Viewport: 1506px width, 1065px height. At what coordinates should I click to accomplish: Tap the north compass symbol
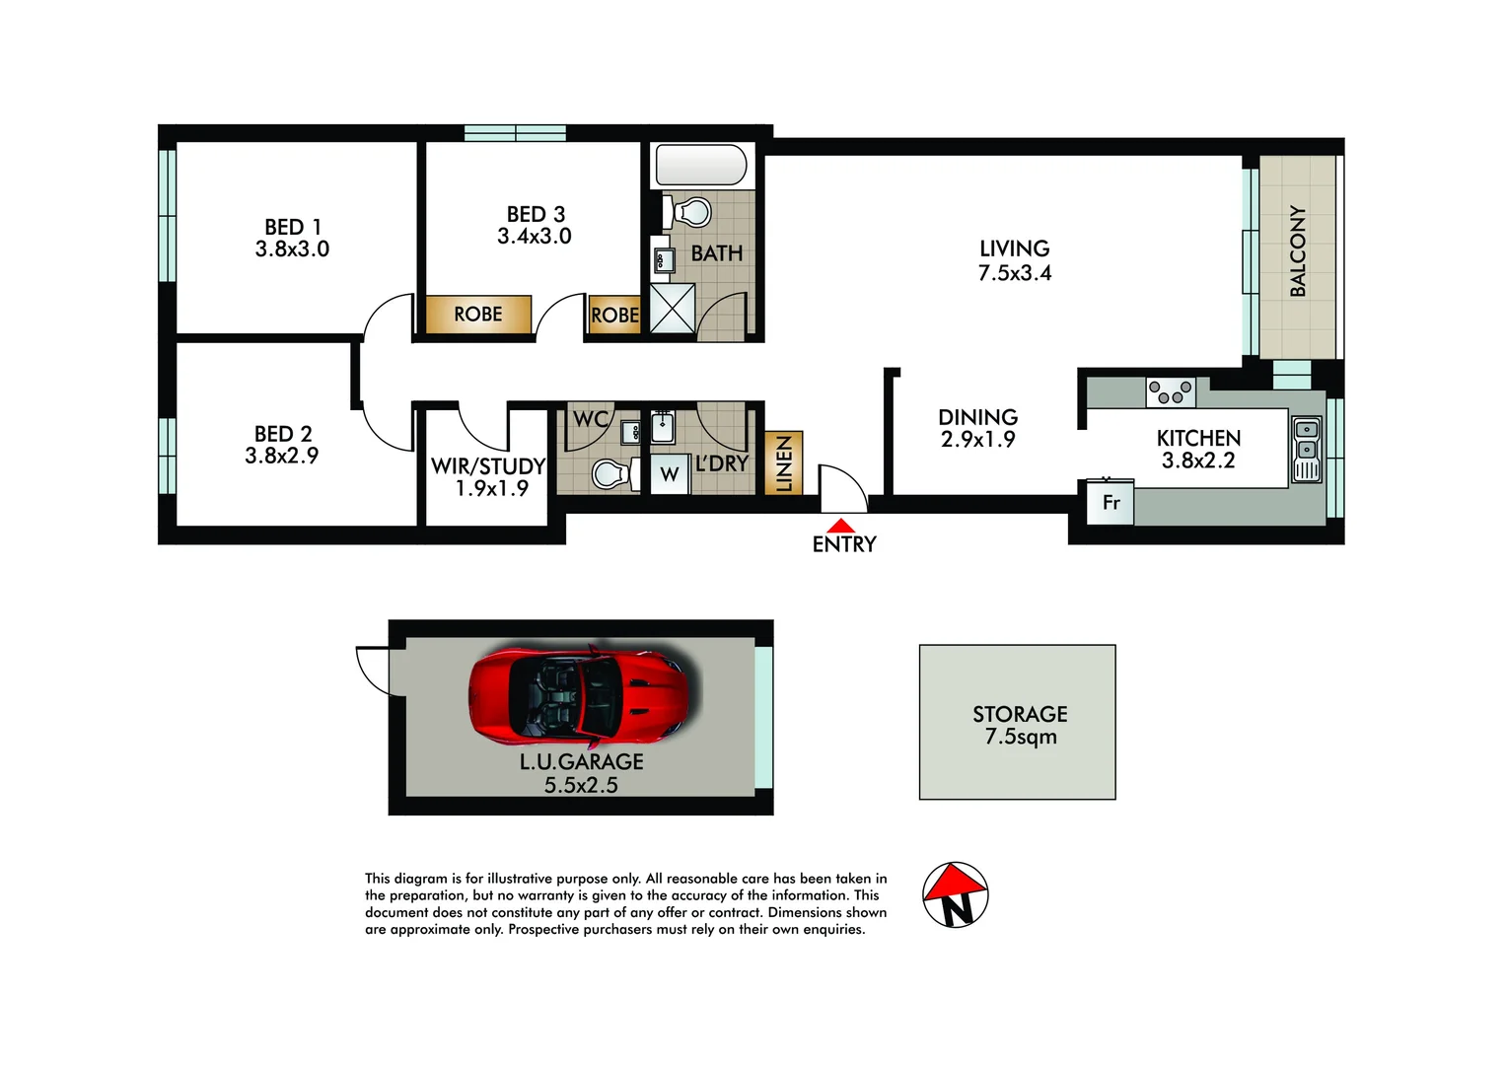coord(955,895)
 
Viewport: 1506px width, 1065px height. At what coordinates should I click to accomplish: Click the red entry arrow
coord(840,526)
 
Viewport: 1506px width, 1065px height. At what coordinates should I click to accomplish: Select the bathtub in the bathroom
coord(701,165)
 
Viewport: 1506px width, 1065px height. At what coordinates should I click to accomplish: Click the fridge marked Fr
coord(1111,503)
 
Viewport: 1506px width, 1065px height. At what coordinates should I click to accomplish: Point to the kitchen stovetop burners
coord(1171,391)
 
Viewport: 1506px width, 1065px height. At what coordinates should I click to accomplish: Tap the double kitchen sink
coord(1306,450)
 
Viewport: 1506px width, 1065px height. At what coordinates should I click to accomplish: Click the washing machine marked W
coord(670,474)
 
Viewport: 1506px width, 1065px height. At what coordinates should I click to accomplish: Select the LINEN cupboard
coord(784,463)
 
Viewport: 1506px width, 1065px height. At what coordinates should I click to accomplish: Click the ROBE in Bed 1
coord(478,315)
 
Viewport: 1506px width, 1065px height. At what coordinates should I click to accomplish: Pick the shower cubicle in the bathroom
coord(673,308)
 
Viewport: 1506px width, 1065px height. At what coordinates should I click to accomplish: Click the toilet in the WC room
coord(611,474)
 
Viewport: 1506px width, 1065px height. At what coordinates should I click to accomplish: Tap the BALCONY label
coord(1298,251)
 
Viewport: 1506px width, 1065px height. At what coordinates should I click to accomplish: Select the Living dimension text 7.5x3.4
coord(1014,274)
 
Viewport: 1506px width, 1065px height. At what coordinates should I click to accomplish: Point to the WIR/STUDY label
coord(488,465)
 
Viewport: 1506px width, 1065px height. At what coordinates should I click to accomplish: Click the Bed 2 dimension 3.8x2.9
coord(282,456)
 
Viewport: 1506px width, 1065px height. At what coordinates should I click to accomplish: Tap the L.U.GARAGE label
coord(581,761)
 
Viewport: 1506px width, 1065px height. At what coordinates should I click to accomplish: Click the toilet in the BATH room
coord(692,212)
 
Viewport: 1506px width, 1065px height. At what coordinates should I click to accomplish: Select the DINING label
coord(977,417)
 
